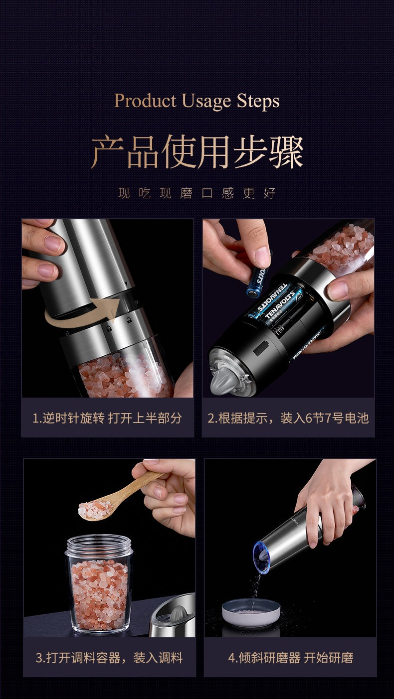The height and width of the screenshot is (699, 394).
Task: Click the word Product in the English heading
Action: tap(145, 101)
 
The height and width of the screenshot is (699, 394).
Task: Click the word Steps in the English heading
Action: tap(258, 101)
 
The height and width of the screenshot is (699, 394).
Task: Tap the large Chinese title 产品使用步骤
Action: tap(197, 152)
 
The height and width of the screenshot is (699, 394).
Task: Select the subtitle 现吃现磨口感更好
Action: tap(197, 193)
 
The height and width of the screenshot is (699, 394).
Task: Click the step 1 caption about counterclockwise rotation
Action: tap(107, 418)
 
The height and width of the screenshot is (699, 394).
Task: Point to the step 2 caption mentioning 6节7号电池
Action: tap(288, 418)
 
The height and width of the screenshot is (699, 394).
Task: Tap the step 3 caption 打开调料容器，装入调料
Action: tap(109, 658)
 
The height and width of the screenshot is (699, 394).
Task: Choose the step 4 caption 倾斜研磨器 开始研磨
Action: tap(291, 658)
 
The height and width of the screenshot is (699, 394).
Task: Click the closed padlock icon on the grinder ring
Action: tap(108, 329)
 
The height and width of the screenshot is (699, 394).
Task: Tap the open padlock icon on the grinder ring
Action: tap(128, 320)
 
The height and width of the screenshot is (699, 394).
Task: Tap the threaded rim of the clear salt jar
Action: tap(99, 545)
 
